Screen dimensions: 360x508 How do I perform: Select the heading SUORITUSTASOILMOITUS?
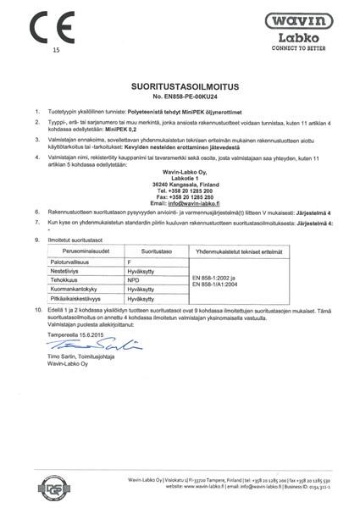tap(180, 87)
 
